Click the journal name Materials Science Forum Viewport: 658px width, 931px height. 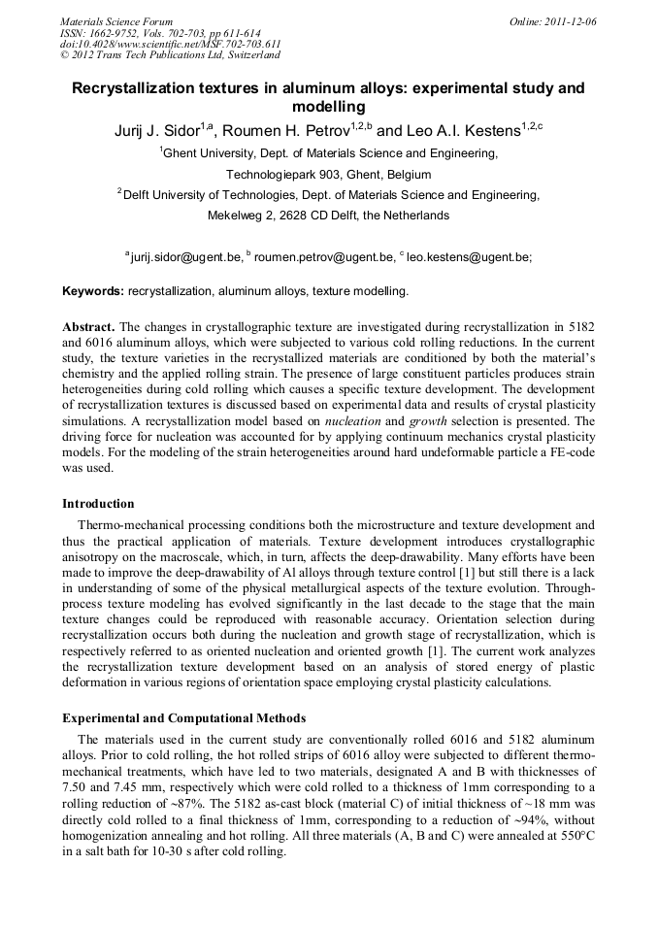tap(116, 20)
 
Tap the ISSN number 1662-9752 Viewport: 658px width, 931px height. tap(124, 32)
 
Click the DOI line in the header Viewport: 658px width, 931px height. tap(170, 44)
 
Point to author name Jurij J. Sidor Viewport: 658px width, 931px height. tap(156, 130)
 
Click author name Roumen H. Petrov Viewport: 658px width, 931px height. tap(292, 130)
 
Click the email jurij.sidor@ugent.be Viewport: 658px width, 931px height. tap(184, 257)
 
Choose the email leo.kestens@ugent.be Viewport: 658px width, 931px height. tap(469, 257)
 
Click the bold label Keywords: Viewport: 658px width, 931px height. tap(93, 290)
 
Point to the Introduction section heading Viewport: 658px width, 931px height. tap(98, 504)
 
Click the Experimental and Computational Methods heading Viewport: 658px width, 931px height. tap(184, 718)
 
